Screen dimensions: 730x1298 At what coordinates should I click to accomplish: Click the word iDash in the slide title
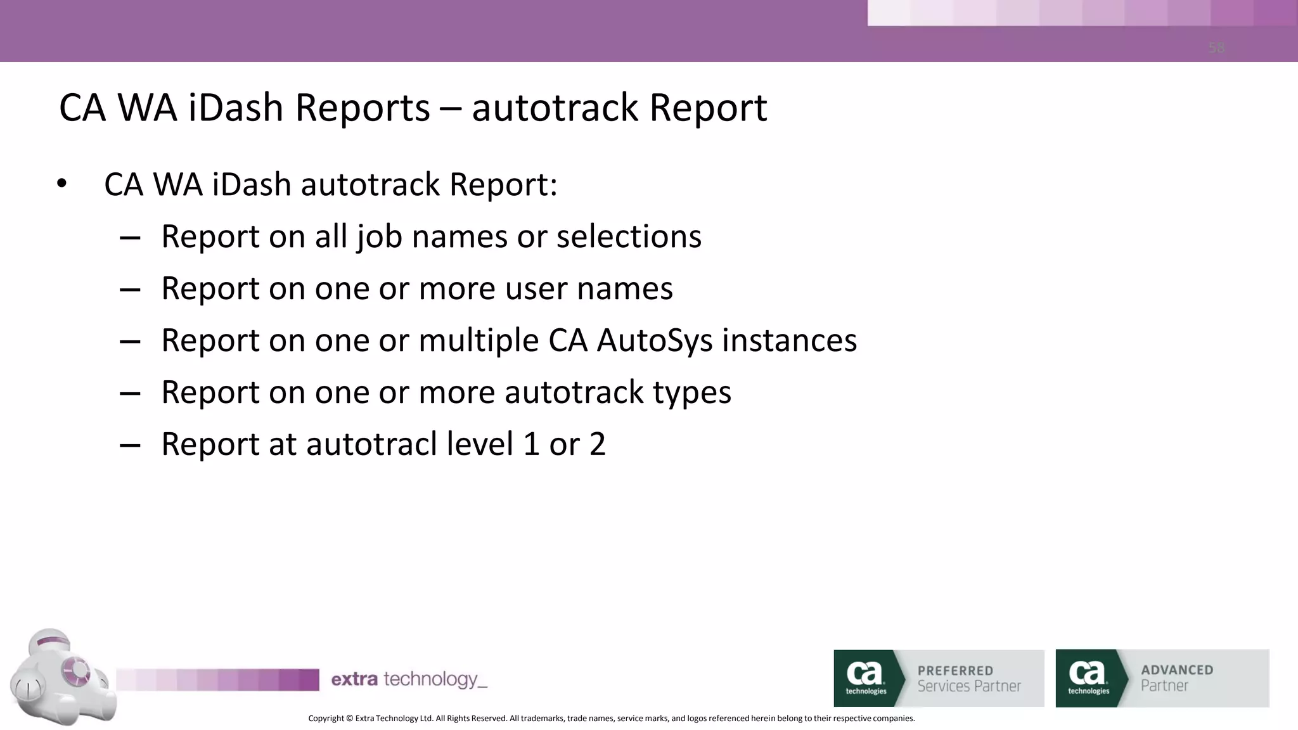click(235, 107)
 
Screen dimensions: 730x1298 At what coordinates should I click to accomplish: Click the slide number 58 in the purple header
click(1216, 48)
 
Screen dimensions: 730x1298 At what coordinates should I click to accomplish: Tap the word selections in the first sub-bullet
click(629, 236)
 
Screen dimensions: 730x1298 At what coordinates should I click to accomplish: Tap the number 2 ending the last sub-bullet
click(597, 444)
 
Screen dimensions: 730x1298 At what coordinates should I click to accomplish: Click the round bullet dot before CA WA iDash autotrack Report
click(61, 184)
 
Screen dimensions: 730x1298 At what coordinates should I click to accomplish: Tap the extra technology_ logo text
click(409, 679)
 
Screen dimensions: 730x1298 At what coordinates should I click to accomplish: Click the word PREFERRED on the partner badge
click(955, 670)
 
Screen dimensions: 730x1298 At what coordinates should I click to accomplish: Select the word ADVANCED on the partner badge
click(1177, 670)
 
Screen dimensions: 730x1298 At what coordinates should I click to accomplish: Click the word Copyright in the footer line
click(326, 718)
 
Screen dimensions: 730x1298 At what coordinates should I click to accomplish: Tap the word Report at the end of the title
click(708, 107)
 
